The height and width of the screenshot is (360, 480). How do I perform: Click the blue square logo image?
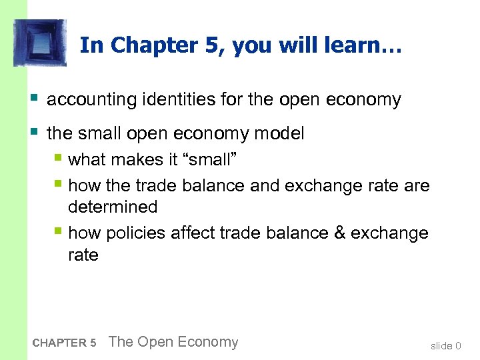coord(40,43)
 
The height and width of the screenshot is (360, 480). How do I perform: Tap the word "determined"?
coord(113,207)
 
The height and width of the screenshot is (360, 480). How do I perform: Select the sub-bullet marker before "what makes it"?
coord(59,159)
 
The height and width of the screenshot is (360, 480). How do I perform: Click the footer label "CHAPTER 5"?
coord(64,343)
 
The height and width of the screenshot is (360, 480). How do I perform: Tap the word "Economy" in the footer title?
coord(207,343)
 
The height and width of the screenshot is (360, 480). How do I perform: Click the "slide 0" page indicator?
coord(445,345)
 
